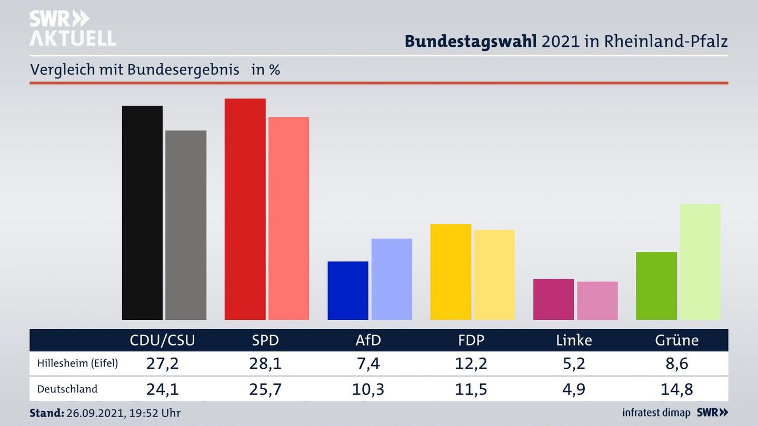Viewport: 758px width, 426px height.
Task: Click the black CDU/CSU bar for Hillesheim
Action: tap(142, 212)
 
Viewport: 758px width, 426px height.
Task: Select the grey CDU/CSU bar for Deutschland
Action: tap(186, 225)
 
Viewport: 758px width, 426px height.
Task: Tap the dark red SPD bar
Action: tap(245, 209)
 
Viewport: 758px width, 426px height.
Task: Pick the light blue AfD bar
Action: tap(392, 279)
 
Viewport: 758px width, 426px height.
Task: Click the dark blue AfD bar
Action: tap(348, 290)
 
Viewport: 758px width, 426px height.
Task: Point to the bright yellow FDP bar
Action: tap(451, 271)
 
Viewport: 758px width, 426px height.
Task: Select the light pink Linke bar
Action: tap(597, 300)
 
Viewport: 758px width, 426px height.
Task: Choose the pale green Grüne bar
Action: tap(700, 261)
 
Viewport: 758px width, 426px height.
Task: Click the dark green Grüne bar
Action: tap(656, 286)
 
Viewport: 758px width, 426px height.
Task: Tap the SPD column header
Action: tap(265, 340)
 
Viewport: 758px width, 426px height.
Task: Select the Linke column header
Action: tap(574, 340)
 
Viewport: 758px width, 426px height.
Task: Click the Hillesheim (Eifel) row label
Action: tap(77, 363)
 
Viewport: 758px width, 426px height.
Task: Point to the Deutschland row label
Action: tap(67, 389)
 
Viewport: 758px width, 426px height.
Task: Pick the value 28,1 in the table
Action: tap(265, 363)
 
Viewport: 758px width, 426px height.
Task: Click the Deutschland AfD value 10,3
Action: tap(368, 389)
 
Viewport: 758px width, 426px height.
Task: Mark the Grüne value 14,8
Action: tap(677, 389)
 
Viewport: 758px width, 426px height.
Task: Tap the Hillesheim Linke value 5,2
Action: tap(574, 363)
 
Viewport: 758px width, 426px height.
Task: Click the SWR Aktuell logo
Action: tap(72, 28)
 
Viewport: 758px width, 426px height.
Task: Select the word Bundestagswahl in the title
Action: tap(471, 41)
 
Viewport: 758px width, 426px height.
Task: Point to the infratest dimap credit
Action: tap(656, 413)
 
